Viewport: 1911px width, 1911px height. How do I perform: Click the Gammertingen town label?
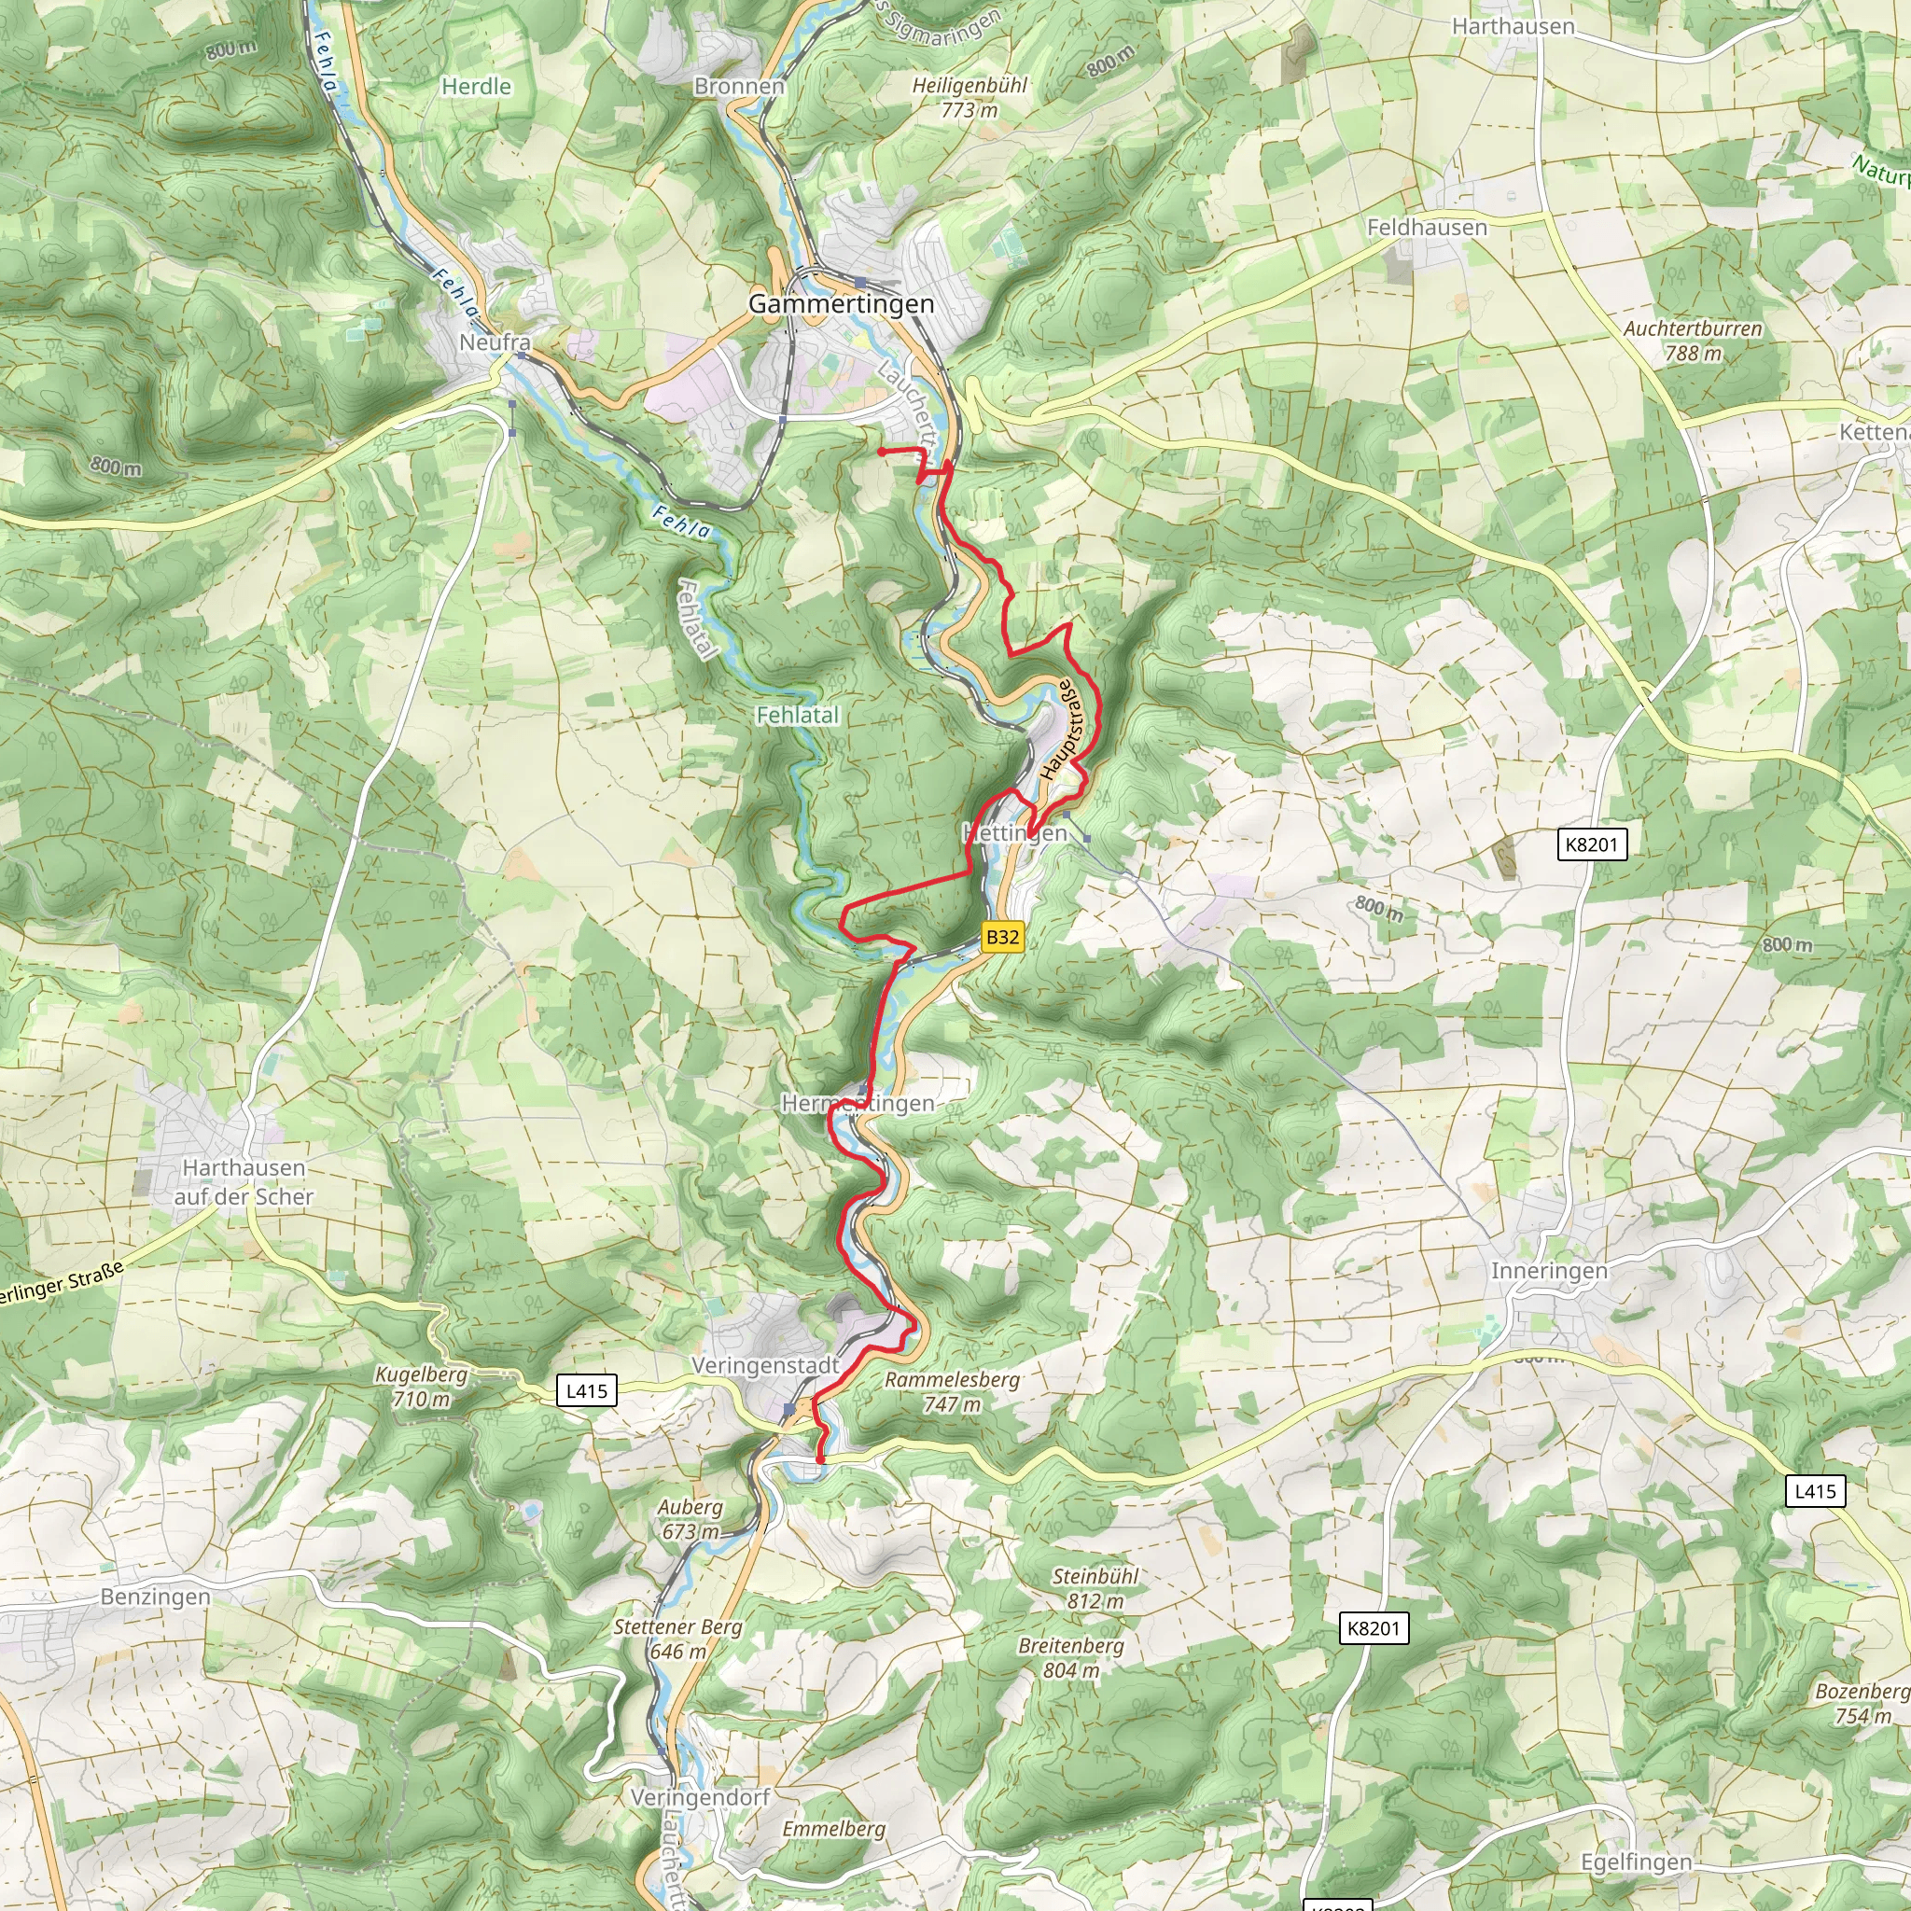pyautogui.click(x=841, y=303)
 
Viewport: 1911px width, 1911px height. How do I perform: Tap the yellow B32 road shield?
pyautogui.click(x=1002, y=937)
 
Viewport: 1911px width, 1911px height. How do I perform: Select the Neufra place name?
pyautogui.click(x=495, y=342)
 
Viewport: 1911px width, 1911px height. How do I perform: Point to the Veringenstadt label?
pyautogui.click(x=764, y=1365)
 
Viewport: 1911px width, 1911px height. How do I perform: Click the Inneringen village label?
pyautogui.click(x=1549, y=1270)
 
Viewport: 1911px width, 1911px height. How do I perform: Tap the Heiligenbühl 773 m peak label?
pyautogui.click(x=969, y=98)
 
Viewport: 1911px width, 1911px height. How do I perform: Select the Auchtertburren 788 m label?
pyautogui.click(x=1693, y=341)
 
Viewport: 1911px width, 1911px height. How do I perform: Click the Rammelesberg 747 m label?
pyautogui.click(x=952, y=1390)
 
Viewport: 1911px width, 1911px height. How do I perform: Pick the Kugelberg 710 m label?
pyautogui.click(x=421, y=1386)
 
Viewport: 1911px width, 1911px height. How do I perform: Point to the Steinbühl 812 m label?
pyautogui.click(x=1095, y=1587)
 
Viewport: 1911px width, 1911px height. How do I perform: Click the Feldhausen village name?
pyautogui.click(x=1427, y=228)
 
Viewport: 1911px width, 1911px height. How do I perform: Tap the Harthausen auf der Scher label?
pyautogui.click(x=244, y=1182)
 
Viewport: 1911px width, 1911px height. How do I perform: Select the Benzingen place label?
pyautogui.click(x=155, y=1597)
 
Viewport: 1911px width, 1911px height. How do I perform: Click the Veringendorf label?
pyautogui.click(x=701, y=1797)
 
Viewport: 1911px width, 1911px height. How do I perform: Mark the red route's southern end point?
pyautogui.click(x=820, y=1459)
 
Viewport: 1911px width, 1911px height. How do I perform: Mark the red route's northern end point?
pyautogui.click(x=880, y=451)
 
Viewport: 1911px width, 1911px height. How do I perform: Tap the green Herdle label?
pyautogui.click(x=476, y=87)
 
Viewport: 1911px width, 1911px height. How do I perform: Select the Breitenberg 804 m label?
pyautogui.click(x=1071, y=1657)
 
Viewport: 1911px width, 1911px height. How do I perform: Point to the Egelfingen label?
pyautogui.click(x=1636, y=1862)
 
